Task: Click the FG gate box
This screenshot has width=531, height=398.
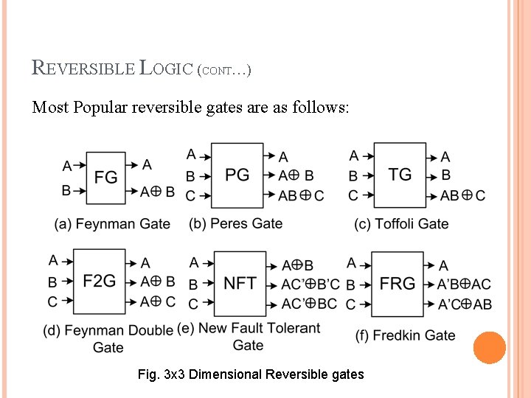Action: pos(105,178)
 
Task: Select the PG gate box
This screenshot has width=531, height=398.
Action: pos(237,175)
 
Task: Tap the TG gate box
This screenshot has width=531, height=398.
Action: pos(400,175)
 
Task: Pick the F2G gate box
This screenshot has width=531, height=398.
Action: pos(99,282)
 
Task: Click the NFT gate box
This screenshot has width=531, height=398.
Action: pos(240,283)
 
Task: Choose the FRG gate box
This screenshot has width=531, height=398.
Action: pos(397,283)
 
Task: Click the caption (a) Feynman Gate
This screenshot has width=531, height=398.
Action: pos(112,224)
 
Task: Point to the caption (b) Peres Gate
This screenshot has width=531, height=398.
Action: pos(236,223)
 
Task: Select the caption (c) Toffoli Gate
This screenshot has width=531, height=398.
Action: pos(401,224)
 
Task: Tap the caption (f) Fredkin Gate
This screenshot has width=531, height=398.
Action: pos(406,335)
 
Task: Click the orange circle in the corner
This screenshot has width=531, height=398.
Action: pos(490,348)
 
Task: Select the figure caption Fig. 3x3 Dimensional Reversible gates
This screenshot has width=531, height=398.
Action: pos(251,374)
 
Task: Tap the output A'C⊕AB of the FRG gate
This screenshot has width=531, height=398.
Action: pos(465,304)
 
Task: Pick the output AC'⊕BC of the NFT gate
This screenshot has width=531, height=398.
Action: pos(309,304)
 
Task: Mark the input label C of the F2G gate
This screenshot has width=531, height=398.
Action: pos(52,301)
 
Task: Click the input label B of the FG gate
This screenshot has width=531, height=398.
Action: pos(66,190)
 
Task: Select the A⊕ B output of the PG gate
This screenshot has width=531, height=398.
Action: pos(296,175)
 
